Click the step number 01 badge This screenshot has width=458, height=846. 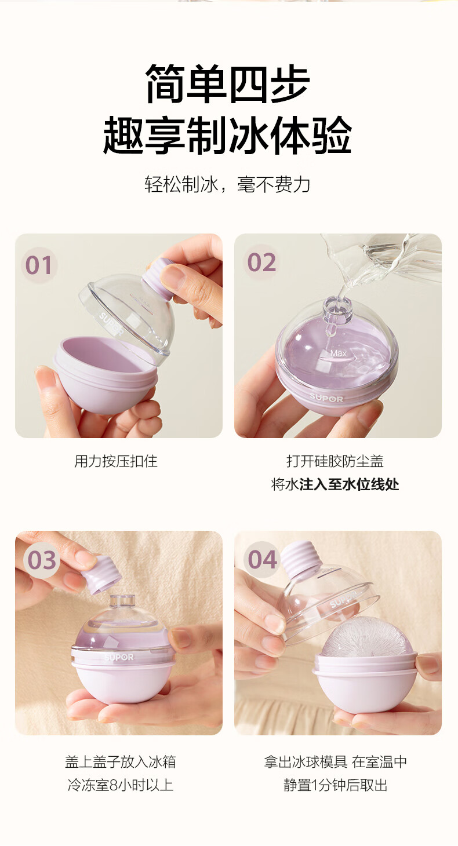point(38,265)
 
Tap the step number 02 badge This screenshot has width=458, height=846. point(261,262)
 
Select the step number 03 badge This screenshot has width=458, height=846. point(42,560)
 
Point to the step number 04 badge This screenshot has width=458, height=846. point(262,559)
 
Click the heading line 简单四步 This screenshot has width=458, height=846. point(228,84)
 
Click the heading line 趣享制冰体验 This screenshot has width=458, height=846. point(228,135)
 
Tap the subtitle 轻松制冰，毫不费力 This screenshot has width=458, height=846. point(227,185)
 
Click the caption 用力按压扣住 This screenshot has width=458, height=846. point(115,461)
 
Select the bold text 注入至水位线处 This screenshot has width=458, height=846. point(349,484)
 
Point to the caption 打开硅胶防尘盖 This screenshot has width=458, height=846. point(335,461)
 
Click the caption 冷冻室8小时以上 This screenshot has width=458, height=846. point(120,785)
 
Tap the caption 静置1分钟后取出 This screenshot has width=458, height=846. point(336,785)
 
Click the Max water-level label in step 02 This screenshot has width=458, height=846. point(338,353)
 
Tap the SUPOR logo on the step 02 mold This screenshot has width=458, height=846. point(326,398)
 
